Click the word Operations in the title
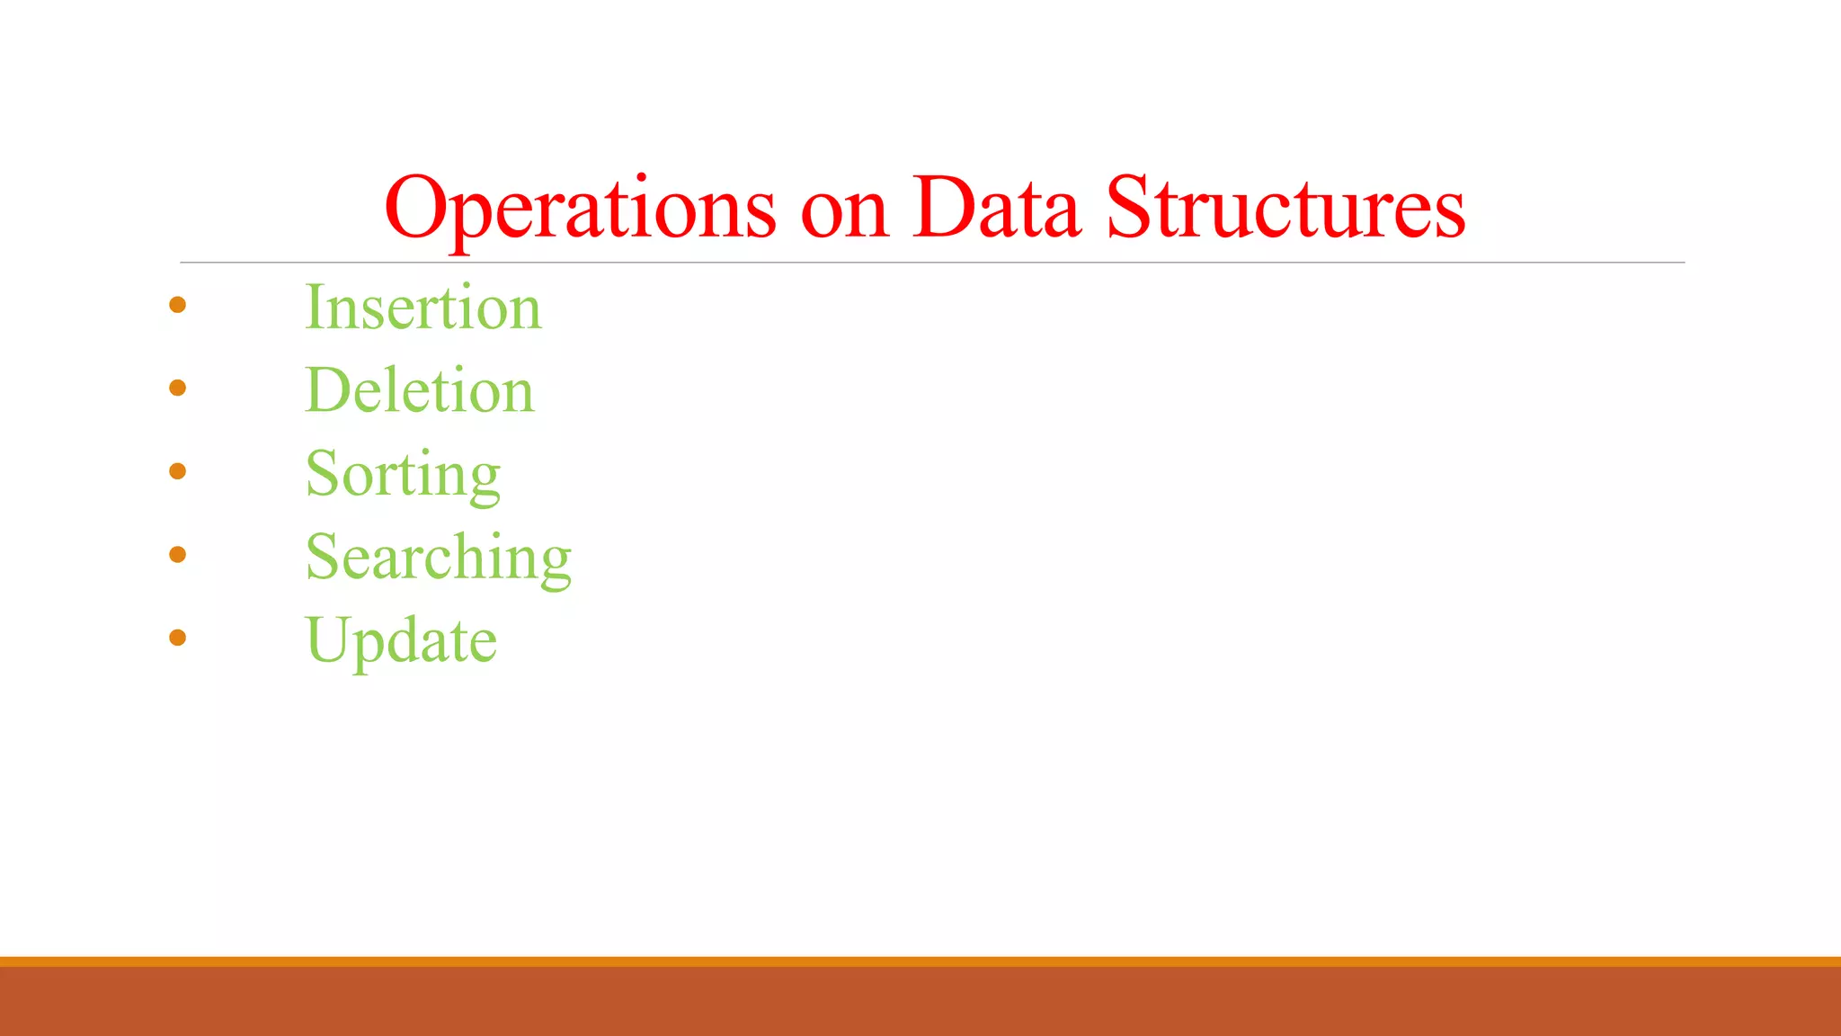point(580,209)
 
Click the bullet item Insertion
point(423,308)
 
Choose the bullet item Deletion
point(420,390)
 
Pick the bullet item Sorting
point(403,474)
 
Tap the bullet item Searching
point(438,557)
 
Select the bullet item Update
point(401,640)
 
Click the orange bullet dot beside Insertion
point(178,306)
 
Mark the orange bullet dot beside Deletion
point(178,388)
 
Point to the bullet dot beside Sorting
point(178,471)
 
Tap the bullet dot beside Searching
point(178,555)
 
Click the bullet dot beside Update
point(178,638)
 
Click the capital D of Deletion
point(331,390)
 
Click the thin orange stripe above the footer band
point(920,961)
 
